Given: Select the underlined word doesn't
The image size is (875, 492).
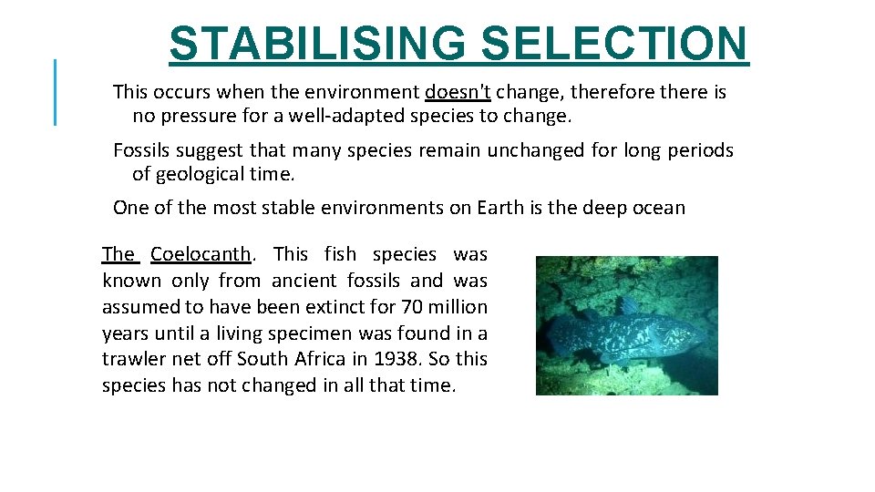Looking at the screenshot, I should [x=458, y=92].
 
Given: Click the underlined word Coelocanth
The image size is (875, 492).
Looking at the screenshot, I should [x=201, y=254].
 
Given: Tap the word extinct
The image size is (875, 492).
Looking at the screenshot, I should [x=323, y=307].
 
